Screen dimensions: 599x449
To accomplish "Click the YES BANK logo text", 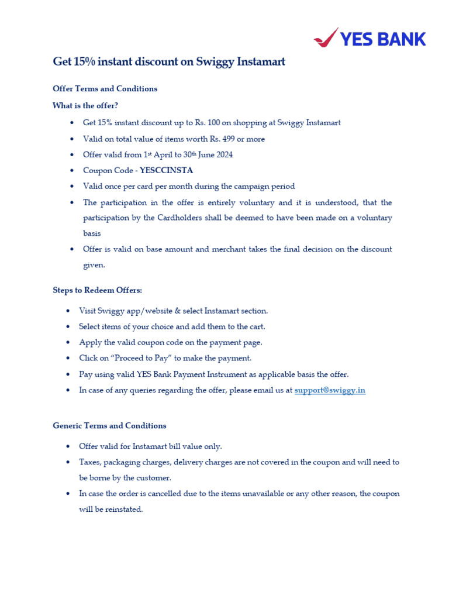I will tap(383, 39).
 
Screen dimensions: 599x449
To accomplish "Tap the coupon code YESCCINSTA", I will tap(166, 171).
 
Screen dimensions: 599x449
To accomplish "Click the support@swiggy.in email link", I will tap(330, 390).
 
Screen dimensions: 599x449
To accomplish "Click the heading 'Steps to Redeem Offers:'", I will tap(97, 290).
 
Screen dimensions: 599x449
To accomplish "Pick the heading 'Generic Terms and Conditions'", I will tap(109, 426).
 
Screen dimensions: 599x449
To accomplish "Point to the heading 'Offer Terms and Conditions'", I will tap(105, 89).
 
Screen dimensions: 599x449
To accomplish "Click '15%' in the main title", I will tap(84, 61).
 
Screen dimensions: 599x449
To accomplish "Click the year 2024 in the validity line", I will tap(223, 155).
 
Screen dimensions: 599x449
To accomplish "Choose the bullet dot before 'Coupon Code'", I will tap(71, 171).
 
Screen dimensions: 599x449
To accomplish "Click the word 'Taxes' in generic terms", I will tap(90, 462).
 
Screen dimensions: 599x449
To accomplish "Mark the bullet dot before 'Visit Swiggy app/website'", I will tap(68, 311).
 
